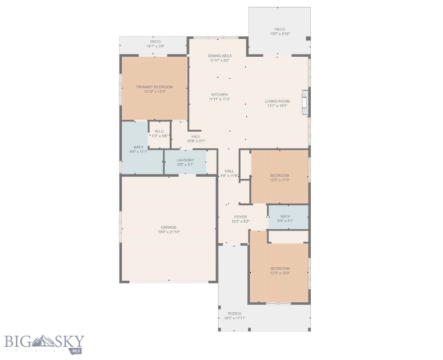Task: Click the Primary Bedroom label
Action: tap(155, 87)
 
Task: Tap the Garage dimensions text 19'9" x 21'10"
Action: tap(169, 232)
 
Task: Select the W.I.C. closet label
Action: tap(159, 131)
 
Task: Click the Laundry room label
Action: tap(185, 160)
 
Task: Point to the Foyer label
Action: tap(240, 217)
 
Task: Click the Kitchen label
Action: tap(219, 95)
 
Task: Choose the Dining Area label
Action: tap(220, 56)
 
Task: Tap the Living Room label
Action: tap(277, 101)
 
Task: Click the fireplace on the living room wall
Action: tap(306, 102)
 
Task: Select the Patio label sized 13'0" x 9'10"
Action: tap(279, 30)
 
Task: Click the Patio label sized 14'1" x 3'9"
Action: tap(155, 42)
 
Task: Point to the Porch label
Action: tap(234, 314)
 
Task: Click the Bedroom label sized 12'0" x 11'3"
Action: tap(279, 176)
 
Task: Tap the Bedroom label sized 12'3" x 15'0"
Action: tap(279, 269)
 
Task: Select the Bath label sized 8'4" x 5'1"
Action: tap(285, 217)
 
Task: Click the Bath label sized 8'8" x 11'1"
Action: tap(138, 147)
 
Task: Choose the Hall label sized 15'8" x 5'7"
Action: tap(195, 136)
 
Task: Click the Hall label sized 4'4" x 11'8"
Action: tap(229, 171)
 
